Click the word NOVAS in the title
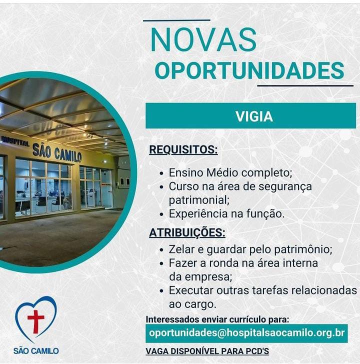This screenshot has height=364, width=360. [x=203, y=39]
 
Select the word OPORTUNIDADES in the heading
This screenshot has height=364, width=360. [x=249, y=70]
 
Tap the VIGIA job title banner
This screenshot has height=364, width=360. [x=250, y=115]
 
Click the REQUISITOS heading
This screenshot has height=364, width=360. [x=183, y=149]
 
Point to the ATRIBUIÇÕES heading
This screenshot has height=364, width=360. [x=187, y=232]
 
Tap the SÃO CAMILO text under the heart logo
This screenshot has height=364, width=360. [x=36, y=350]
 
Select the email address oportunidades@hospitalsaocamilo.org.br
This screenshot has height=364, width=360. [x=246, y=333]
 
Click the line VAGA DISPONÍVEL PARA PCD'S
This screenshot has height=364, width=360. [x=207, y=351]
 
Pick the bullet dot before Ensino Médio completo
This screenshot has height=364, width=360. [x=162, y=173]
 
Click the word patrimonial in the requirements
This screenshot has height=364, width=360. [x=199, y=200]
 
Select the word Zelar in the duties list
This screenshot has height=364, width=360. [x=181, y=249]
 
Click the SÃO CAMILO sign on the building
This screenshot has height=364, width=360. [x=57, y=153]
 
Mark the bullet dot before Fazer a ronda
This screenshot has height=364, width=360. [x=162, y=264]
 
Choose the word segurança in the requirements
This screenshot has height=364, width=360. [x=285, y=187]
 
